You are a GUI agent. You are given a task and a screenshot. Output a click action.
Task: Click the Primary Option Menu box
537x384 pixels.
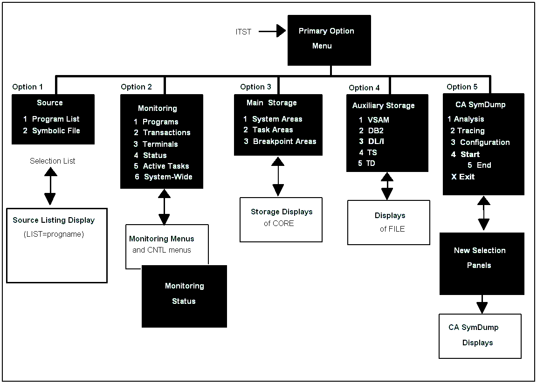coord(329,40)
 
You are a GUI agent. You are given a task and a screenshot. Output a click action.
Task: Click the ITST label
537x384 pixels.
coord(243,32)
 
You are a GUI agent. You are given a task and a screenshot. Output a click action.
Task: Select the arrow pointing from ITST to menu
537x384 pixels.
coord(272,31)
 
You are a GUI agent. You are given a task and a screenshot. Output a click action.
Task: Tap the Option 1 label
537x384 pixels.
coord(28,87)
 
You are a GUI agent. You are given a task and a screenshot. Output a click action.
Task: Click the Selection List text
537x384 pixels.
coord(52,161)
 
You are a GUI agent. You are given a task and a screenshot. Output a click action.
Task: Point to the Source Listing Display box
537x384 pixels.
coord(56,245)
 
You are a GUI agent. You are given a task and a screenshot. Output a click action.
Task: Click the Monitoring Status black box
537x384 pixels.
coord(184,296)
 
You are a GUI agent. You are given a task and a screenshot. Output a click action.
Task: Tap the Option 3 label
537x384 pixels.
coord(255,87)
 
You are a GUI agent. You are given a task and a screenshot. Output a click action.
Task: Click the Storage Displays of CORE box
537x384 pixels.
coord(281,219)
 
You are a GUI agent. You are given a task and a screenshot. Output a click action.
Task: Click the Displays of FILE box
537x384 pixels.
coord(389,222)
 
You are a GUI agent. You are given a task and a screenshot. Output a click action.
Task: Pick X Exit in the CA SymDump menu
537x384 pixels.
coord(463,177)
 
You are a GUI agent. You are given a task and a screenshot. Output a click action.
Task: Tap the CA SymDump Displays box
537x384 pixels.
coord(480,336)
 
